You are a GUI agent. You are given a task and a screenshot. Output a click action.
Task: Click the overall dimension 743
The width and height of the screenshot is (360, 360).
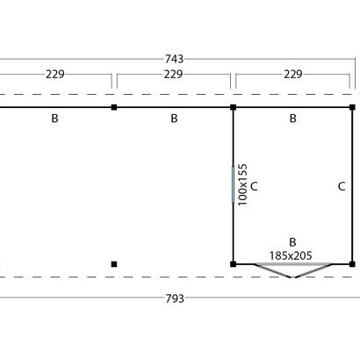[174, 59]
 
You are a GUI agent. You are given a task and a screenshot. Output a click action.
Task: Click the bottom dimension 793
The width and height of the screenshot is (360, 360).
[175, 299]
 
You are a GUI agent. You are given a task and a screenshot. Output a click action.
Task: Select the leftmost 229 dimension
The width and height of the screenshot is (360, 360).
[55, 75]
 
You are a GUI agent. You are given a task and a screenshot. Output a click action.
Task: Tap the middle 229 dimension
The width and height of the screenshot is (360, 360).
[173, 75]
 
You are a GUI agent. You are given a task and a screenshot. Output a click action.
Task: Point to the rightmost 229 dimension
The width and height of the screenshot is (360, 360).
[293, 75]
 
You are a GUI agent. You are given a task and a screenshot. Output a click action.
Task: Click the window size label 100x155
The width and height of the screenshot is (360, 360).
[243, 184]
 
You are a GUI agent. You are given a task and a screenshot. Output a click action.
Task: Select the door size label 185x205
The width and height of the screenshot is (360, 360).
[291, 256]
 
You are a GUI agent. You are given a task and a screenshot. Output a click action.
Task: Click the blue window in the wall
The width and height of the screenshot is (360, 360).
[234, 184]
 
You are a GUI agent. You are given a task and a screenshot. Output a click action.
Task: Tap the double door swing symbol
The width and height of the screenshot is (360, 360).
[293, 270]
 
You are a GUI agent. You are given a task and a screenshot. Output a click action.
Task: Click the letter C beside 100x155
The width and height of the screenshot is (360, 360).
[254, 186]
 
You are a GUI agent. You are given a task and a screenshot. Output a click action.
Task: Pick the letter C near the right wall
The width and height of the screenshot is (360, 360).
[342, 186]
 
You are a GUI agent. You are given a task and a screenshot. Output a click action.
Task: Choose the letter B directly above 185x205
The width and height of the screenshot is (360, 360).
[292, 242]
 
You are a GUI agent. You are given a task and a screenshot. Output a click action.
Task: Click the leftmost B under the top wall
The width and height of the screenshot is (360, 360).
[54, 119]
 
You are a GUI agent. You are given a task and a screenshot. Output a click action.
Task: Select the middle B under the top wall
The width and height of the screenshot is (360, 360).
[174, 119]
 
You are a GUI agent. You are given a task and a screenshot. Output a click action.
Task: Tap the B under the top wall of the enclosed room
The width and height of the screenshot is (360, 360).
[293, 119]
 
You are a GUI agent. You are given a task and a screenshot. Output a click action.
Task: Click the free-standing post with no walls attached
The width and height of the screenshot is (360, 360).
[114, 264]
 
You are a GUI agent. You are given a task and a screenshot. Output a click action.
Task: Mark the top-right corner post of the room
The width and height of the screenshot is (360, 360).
[352, 107]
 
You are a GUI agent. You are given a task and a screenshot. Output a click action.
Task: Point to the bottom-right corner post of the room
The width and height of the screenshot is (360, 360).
[352, 264]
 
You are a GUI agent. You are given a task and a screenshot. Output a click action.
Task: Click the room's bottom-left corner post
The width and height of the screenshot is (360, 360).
[234, 264]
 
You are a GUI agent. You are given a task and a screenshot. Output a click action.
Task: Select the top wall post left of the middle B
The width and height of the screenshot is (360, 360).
[114, 107]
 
